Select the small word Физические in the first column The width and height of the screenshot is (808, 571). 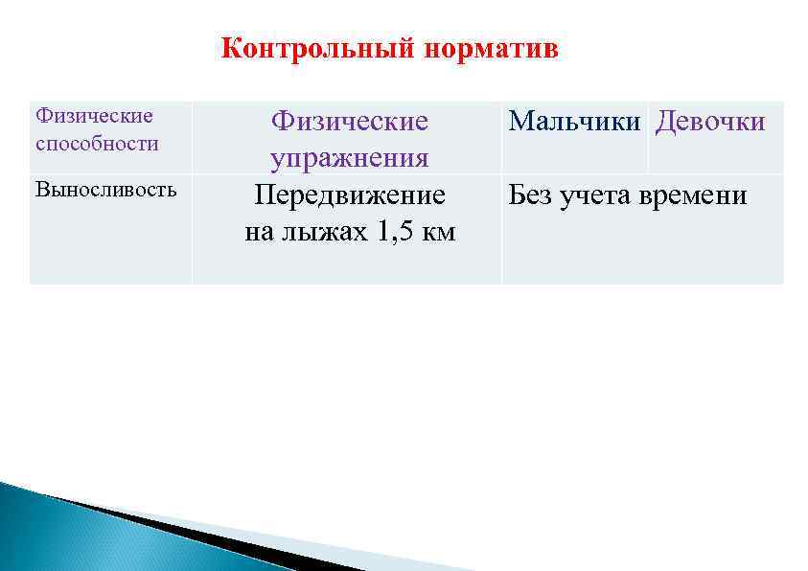[x=94, y=116]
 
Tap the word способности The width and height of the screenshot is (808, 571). [x=97, y=143]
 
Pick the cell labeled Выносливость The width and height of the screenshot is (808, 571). [x=105, y=189]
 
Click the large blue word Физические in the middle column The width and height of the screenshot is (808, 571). [x=349, y=122]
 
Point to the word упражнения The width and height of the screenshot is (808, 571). [x=349, y=158]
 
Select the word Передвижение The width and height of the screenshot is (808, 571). [x=349, y=195]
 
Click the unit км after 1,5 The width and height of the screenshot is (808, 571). [x=438, y=232]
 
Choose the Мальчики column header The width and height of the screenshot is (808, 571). [x=575, y=122]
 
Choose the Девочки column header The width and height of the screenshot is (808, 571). [x=710, y=122]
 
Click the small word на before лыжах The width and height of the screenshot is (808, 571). [x=261, y=232]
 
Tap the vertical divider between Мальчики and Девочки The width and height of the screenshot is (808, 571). [x=649, y=137]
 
